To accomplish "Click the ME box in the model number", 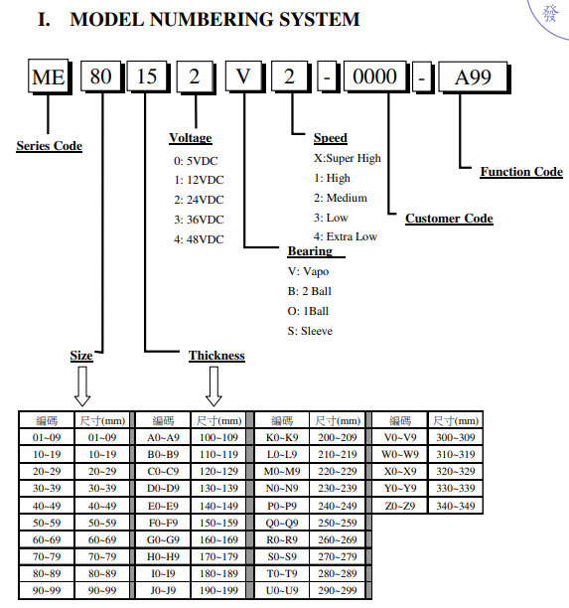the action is click(x=50, y=76).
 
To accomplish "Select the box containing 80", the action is click(x=101, y=76).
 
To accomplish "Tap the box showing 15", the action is click(x=148, y=76).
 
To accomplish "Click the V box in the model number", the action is click(x=244, y=76).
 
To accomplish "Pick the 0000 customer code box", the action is click(x=375, y=76).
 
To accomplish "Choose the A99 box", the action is click(x=474, y=77).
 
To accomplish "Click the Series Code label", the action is click(x=50, y=146).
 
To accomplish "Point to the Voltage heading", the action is click(x=191, y=138).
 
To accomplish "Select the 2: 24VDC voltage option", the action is click(x=199, y=200).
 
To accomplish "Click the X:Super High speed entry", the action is click(x=348, y=158).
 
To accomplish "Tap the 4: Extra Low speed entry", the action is click(x=346, y=236).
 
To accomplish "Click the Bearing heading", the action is click(x=310, y=251).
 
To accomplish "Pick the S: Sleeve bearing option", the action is click(x=310, y=331).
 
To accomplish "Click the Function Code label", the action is click(x=521, y=172).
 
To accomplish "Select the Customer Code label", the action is click(x=449, y=219).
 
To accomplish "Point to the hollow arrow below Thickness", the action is click(x=213, y=386).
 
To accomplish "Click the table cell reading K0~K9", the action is click(x=282, y=437).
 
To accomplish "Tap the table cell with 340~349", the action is click(x=456, y=506).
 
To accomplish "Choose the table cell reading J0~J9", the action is click(x=163, y=590).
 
